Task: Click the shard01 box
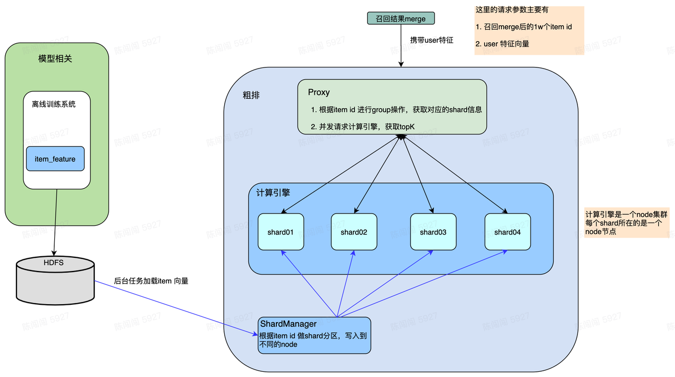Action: point(281,232)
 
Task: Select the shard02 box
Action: point(354,232)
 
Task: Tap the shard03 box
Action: point(433,232)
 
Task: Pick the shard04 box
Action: point(507,232)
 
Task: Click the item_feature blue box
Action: point(55,159)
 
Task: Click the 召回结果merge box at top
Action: point(401,19)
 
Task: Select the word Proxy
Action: point(319,92)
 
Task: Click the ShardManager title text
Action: point(288,324)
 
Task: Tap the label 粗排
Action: point(251,95)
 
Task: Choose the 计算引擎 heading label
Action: point(273,193)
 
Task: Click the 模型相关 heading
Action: point(55,59)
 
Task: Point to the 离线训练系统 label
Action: point(53,104)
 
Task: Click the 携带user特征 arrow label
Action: point(432,40)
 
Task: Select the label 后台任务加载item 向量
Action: point(151,281)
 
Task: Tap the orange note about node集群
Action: point(626,223)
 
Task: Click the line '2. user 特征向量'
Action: point(502,44)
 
